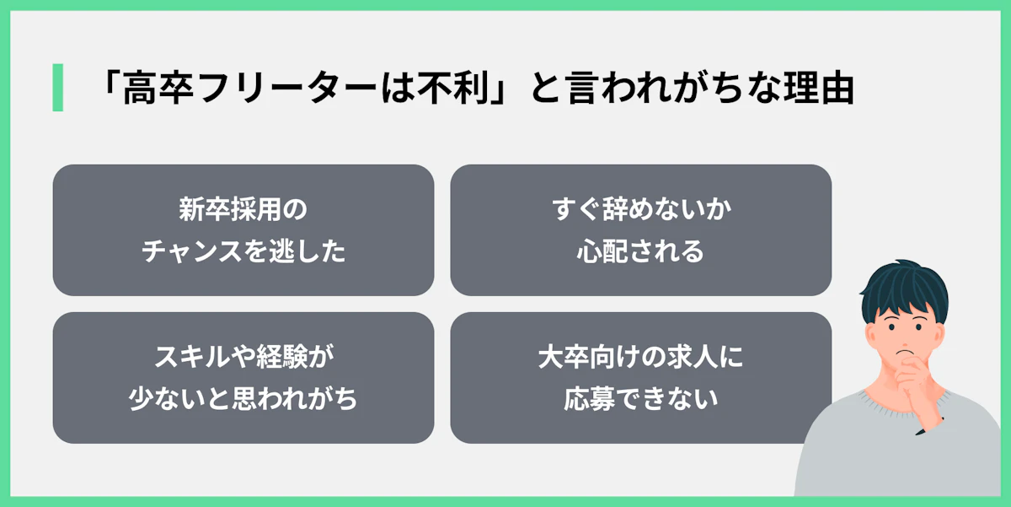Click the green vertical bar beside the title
point(57,87)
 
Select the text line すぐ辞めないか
point(640,209)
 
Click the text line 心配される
point(640,251)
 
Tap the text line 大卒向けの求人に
point(640,357)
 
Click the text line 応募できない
point(640,398)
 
